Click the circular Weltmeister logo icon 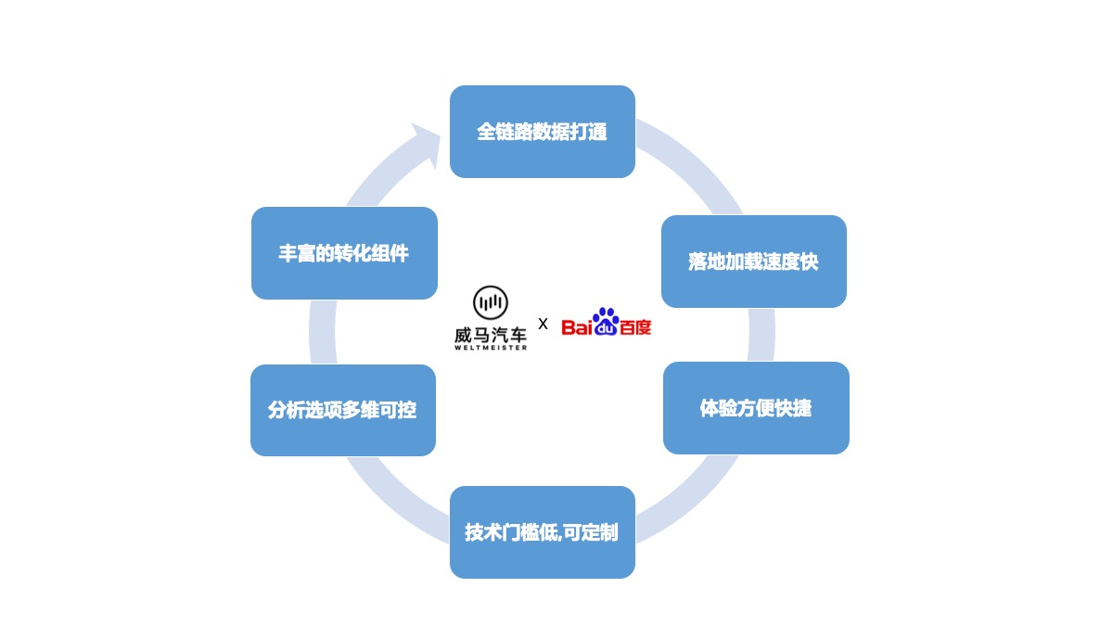(490, 302)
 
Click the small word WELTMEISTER (490, 348)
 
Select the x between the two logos (543, 324)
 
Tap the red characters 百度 (635, 327)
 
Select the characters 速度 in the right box (781, 262)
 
